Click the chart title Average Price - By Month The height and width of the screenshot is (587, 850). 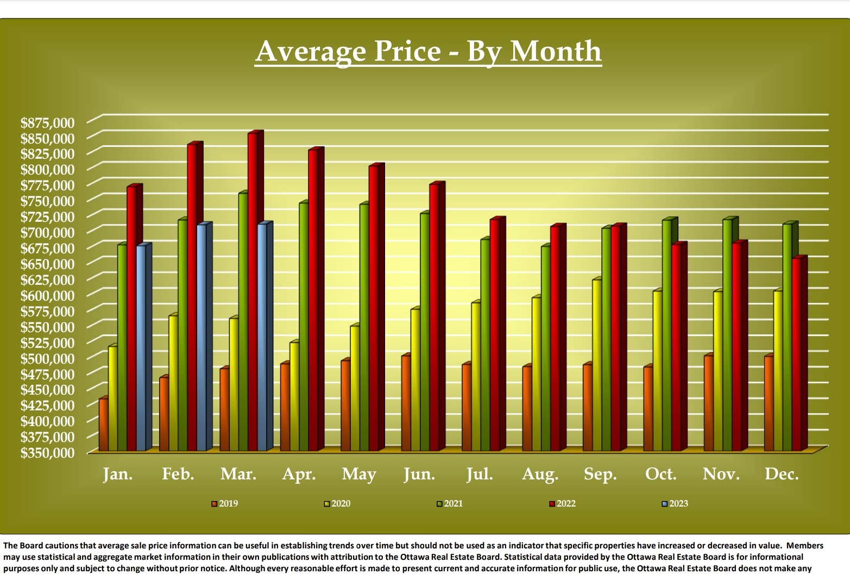[428, 51]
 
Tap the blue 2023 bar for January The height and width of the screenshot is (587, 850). [141, 348]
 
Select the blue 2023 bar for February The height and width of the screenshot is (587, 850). [202, 337]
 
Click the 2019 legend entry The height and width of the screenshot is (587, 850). [225, 504]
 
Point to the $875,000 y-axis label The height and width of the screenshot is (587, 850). [47, 122]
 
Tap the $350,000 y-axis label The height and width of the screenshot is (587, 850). [47, 452]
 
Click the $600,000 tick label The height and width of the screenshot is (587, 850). [47, 295]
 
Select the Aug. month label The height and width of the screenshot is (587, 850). [540, 474]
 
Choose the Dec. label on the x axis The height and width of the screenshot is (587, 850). [782, 474]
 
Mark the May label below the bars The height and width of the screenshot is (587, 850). [358, 474]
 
